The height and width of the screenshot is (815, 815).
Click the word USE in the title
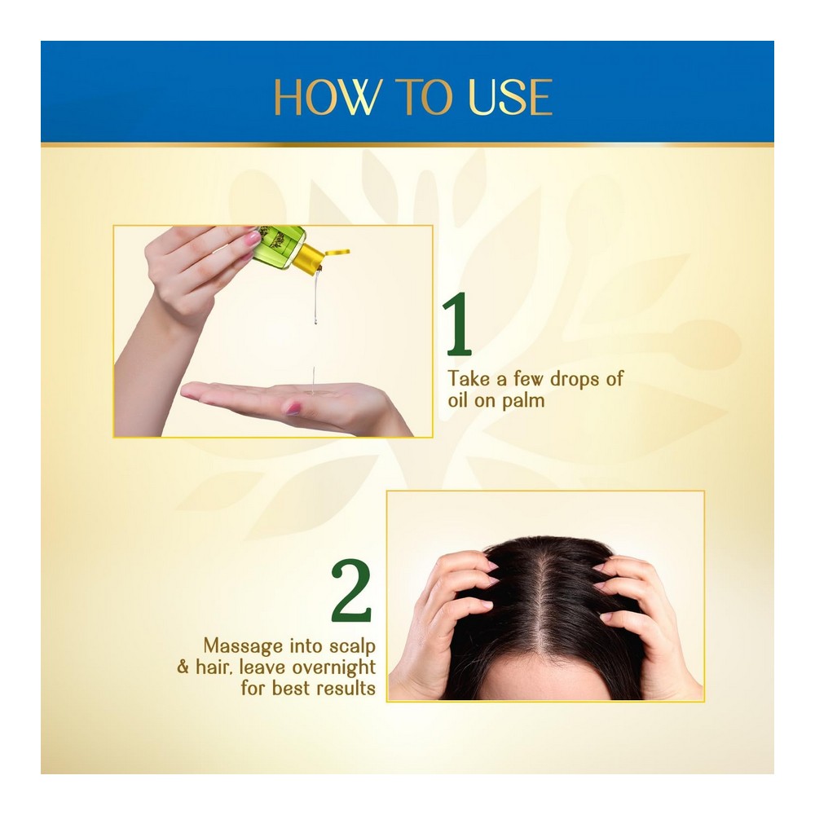[x=510, y=97]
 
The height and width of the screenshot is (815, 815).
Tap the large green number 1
[x=457, y=324]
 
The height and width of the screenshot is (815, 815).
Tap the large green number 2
[x=352, y=590]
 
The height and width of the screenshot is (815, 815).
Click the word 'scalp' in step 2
[x=352, y=647]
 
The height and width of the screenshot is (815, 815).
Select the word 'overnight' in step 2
[x=333, y=668]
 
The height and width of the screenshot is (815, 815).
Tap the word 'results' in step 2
[x=346, y=689]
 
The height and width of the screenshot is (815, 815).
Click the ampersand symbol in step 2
[x=183, y=667]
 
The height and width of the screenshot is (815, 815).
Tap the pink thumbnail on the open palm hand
[x=293, y=408]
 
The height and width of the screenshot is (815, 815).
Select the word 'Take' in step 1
[x=469, y=379]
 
